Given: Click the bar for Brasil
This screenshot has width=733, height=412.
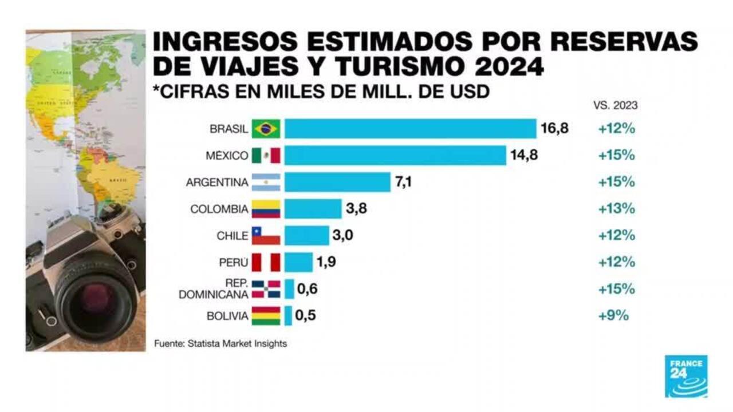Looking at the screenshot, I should point(410,129).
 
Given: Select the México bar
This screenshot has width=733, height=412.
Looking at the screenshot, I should point(395,155).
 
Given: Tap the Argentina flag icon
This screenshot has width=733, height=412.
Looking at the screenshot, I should point(266,182).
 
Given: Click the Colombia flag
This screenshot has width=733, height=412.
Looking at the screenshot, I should point(266,209).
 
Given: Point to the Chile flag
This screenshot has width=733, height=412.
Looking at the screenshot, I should point(266,235).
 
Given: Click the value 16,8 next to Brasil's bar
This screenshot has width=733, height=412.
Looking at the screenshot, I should point(554,129).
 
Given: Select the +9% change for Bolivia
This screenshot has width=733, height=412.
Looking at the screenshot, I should point(613,315).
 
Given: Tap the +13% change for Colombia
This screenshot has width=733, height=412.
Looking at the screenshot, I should point(616,209).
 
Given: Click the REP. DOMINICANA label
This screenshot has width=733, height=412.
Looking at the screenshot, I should point(214,289).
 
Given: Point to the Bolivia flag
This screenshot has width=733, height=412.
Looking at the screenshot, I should point(266,315).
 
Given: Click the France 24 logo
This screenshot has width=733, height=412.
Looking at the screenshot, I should point(685,376).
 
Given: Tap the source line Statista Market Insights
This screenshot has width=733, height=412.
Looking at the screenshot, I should point(220,344).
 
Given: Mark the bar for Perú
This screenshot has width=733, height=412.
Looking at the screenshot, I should point(298,263).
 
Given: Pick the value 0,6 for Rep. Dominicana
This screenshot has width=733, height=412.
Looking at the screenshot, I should point(308,289).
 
